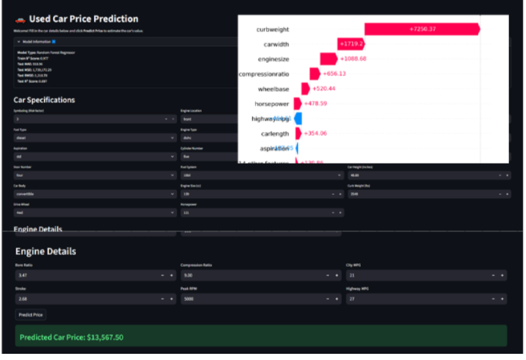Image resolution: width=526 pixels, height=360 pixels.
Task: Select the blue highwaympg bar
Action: [x=298, y=119]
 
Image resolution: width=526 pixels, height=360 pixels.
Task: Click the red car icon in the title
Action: [x=21, y=19]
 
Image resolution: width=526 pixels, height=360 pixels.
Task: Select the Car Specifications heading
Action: [x=44, y=100]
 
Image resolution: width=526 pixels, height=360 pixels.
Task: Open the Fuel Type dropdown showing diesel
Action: [x=93, y=137]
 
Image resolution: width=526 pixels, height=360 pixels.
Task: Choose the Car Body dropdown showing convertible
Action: [x=93, y=193]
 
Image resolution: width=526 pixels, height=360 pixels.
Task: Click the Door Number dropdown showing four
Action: [x=93, y=175]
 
